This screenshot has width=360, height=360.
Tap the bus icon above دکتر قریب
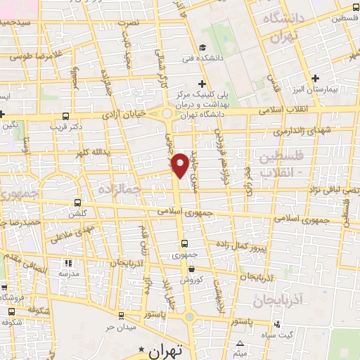pyautogui.click(x=65, y=117)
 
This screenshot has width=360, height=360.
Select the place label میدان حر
pyautogui.click(x=120, y=327)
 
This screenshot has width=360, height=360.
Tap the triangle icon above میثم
pyautogui.click(x=240, y=344)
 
